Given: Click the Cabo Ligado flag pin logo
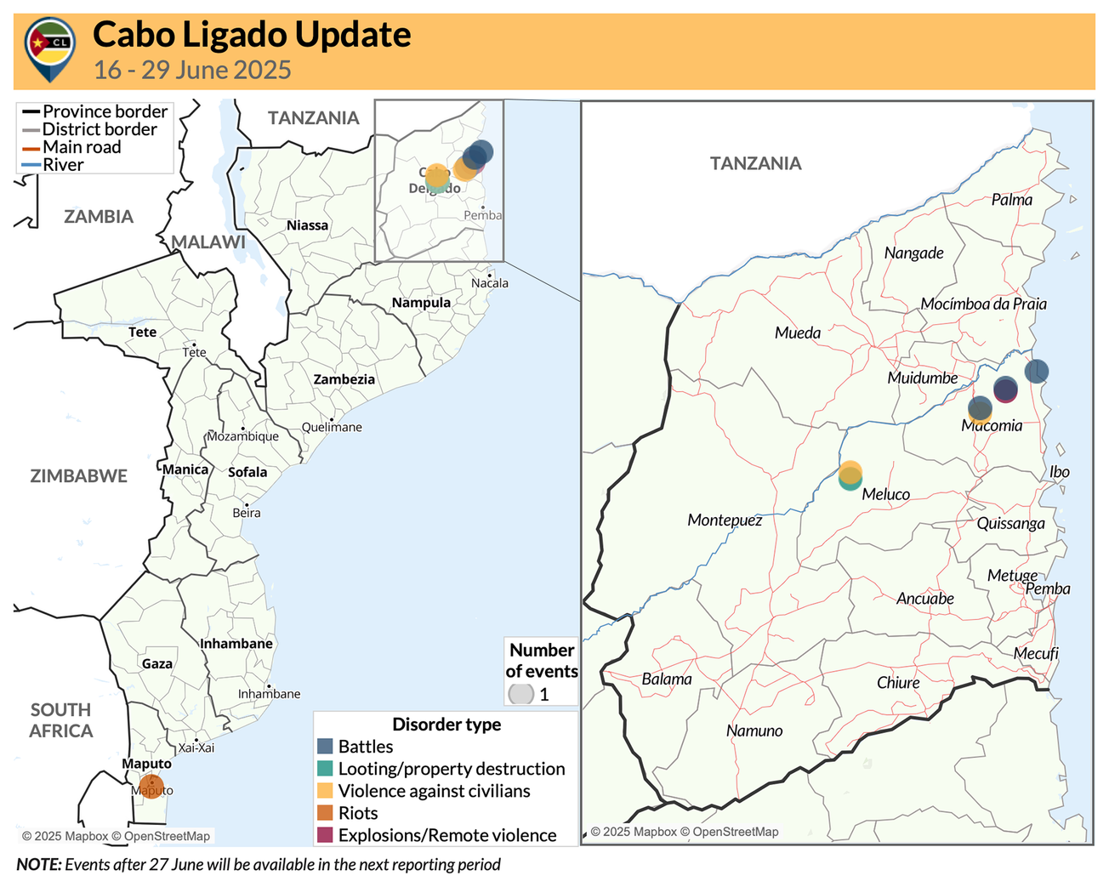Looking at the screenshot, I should tap(50, 48).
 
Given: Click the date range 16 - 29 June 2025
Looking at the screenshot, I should tap(192, 70).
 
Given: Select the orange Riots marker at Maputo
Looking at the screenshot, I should tap(151, 787).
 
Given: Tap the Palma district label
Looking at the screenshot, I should tap(1011, 200).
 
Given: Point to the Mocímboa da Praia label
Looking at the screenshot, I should tap(983, 304).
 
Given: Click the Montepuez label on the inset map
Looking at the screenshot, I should tap(725, 520).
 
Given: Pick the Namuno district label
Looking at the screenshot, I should tap(754, 731).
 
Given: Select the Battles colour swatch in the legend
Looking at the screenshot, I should tap(325, 746).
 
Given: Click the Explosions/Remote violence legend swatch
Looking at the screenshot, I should tap(325, 835).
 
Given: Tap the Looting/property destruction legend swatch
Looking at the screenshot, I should tap(325, 768).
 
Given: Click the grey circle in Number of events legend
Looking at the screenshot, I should tap(520, 694).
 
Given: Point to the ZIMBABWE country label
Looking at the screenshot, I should tap(78, 476).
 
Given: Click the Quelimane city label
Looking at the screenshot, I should tap(332, 427).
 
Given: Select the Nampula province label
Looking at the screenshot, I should tap(421, 303).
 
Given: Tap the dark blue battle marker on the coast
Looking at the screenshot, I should tap(1036, 371).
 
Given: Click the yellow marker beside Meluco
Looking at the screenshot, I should tap(850, 471).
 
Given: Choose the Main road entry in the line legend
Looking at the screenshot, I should tap(82, 147).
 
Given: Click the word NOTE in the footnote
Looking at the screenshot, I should tap(38, 865).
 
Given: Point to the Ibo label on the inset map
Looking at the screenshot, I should tap(1059, 472).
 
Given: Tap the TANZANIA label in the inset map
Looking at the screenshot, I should tap(755, 163).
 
